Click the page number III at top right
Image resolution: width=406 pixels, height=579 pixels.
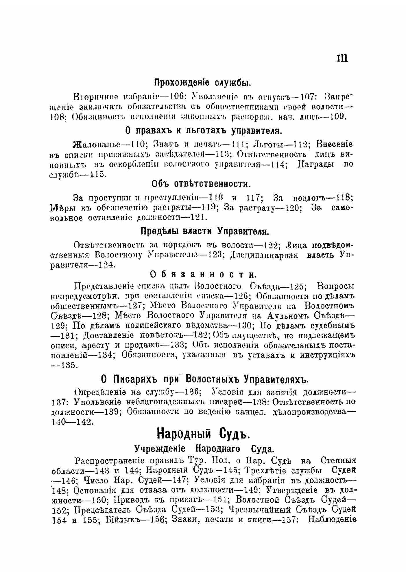pyautogui.click(x=342, y=58)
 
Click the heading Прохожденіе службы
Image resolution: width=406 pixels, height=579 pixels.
pyautogui.click(x=202, y=83)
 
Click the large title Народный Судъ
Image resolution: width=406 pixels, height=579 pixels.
pyautogui.click(x=203, y=434)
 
